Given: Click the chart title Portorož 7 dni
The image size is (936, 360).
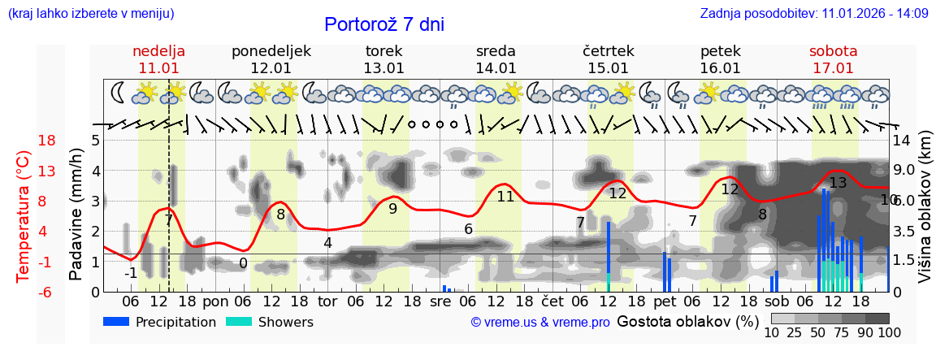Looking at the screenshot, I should tap(384, 24).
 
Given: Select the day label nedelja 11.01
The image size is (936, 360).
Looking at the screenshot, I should tap(158, 59).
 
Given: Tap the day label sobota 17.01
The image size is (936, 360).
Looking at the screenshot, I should tap(833, 59).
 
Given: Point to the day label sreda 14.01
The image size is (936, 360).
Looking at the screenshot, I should tap(496, 59).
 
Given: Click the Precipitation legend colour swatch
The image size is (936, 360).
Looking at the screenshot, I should tap(116, 322).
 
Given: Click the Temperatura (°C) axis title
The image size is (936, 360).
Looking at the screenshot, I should tap(24, 216).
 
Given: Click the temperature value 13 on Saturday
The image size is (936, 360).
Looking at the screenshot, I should tap(838, 183).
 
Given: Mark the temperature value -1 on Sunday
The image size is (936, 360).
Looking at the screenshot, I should tap(130, 273).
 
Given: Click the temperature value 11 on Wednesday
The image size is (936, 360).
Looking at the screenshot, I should tap(505, 196).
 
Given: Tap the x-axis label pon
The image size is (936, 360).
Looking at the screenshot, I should tap(215, 301).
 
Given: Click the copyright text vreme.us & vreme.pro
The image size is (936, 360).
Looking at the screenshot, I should tap(540, 322).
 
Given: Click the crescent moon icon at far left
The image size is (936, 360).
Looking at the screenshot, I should tap(118, 93).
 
